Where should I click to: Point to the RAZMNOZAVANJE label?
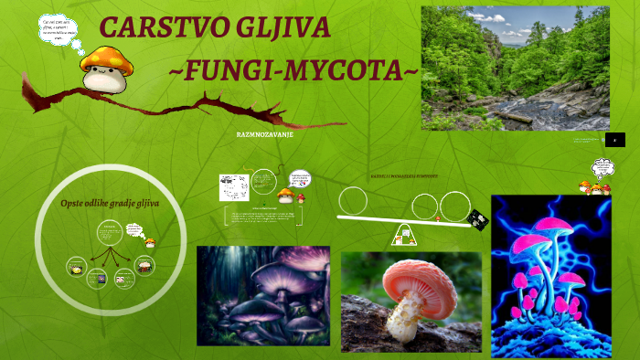point(263,134)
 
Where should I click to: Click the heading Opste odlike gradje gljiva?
point(109,203)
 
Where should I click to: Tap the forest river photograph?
point(515,68)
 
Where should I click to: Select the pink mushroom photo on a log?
point(411,302)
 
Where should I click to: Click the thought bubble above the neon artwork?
point(603,168)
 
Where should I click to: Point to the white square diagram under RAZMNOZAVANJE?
point(233,187)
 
